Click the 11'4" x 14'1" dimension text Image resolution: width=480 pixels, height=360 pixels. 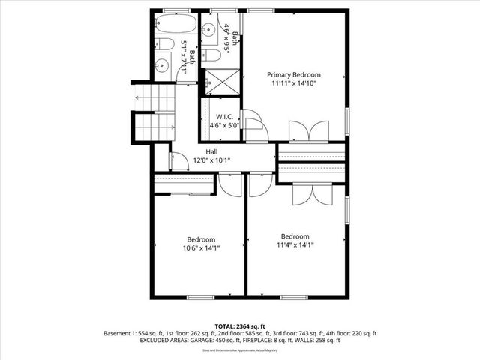click(x=295, y=244)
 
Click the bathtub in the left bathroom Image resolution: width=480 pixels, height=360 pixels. click(x=175, y=25)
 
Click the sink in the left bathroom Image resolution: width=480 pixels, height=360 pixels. click(x=161, y=66)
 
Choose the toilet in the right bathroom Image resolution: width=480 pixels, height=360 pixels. click(x=211, y=55)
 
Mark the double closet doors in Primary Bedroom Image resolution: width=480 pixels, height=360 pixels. click(x=308, y=131)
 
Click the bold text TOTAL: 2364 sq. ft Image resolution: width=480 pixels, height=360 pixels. click(x=240, y=325)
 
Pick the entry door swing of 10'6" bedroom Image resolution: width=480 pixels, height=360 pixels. click(x=231, y=185)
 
